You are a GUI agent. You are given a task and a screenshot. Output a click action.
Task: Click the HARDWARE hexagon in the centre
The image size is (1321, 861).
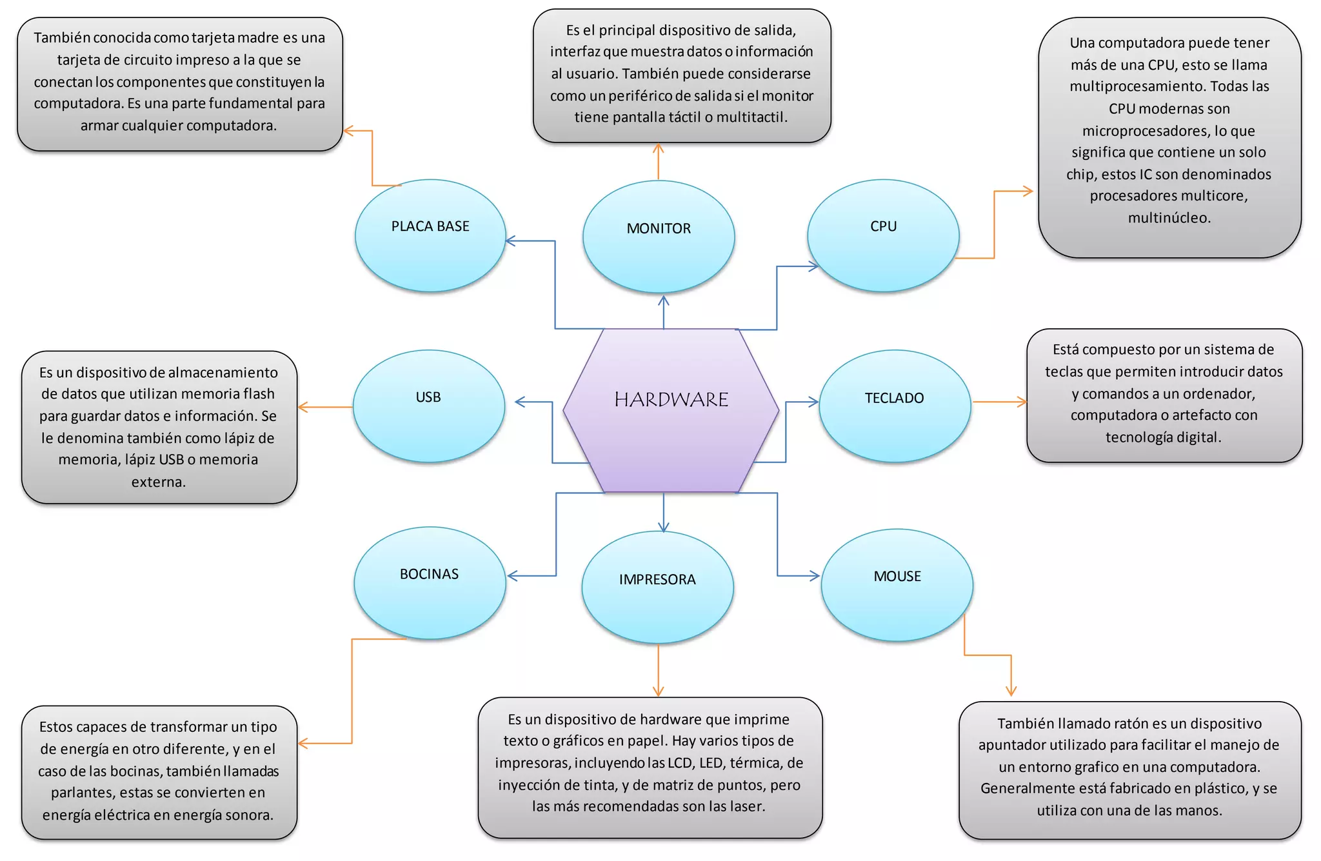click(x=671, y=410)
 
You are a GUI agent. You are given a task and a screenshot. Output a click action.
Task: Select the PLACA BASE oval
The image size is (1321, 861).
click(x=430, y=235)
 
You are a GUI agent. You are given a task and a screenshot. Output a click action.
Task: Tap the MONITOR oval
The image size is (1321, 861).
click(x=659, y=237)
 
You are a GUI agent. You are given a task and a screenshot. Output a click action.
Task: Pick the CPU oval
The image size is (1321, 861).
click(x=883, y=235)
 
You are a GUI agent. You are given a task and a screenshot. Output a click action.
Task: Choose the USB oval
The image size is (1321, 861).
click(x=428, y=406)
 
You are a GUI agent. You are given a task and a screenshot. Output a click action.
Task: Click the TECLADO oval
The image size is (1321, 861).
click(x=895, y=406)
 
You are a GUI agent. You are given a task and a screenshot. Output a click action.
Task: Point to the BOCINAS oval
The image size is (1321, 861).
click(x=430, y=583)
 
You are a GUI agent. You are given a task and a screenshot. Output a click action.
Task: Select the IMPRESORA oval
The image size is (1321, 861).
click(x=657, y=587)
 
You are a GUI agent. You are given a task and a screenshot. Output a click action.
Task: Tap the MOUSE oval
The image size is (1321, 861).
click(x=897, y=585)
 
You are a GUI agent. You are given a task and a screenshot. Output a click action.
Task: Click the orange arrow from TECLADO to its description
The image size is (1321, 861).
click(x=999, y=402)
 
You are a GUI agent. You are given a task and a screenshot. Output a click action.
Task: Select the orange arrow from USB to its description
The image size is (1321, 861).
click(x=325, y=408)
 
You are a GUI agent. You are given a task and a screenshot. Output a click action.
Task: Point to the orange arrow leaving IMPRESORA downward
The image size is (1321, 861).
click(x=658, y=671)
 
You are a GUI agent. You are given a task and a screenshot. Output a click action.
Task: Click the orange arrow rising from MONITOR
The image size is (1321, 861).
click(x=658, y=161)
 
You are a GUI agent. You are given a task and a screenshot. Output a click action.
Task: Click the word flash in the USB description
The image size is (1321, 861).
click(x=259, y=394)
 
